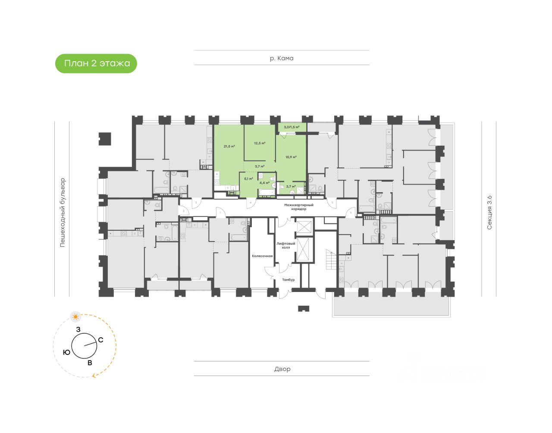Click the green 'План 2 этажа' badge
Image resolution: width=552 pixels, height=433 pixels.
pos(96,63)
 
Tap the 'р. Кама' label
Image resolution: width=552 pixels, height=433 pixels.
pos(282,58)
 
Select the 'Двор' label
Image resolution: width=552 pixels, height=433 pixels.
pos(282,369)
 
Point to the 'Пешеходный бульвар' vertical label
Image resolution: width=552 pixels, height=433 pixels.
pos(63,212)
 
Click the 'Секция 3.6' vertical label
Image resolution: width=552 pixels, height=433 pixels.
pos(489,212)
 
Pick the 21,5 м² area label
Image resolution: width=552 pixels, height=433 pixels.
pos(229,146)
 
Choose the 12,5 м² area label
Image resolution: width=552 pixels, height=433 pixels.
pos(259,143)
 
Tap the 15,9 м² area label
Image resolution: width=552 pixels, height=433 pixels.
pos(291,157)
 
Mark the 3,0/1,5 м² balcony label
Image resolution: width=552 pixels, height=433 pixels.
pos(292,127)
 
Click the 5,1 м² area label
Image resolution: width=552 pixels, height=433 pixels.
pos(248,179)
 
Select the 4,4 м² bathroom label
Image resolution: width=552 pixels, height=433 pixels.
pos(264,183)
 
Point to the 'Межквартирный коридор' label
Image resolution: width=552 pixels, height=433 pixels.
pos(298,207)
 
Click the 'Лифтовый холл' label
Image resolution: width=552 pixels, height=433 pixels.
pos(285,245)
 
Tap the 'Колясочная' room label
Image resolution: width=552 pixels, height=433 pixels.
pos(262,256)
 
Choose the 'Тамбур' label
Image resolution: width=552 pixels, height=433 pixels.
pos(288,280)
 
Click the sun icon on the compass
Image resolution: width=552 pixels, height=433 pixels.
pos(76,317)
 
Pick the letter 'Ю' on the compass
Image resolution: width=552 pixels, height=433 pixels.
pos(66,352)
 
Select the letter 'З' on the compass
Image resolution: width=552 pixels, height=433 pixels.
pos(78,329)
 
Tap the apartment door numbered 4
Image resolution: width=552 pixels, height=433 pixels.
pos(250,202)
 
